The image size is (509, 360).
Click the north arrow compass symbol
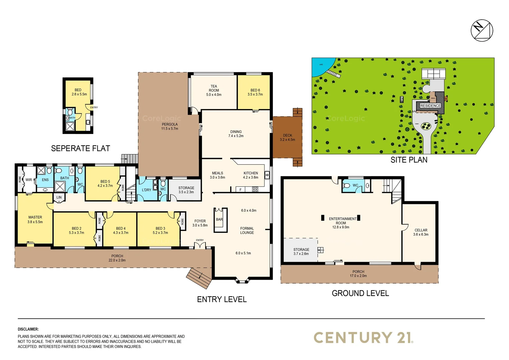point(482,30)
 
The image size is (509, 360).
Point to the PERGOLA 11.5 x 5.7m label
point(170,126)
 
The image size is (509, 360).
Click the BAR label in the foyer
point(219,219)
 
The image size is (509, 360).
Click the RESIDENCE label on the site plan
point(430,106)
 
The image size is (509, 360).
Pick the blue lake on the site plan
point(321,66)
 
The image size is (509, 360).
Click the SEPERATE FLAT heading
point(80,148)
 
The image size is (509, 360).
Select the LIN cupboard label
point(59,197)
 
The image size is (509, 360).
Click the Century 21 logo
point(363,338)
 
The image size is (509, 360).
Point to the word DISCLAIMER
point(28,329)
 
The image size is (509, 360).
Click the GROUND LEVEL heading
point(360,293)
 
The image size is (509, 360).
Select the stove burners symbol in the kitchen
point(255,189)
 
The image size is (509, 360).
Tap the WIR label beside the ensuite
point(29,180)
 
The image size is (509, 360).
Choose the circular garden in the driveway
point(425,126)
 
